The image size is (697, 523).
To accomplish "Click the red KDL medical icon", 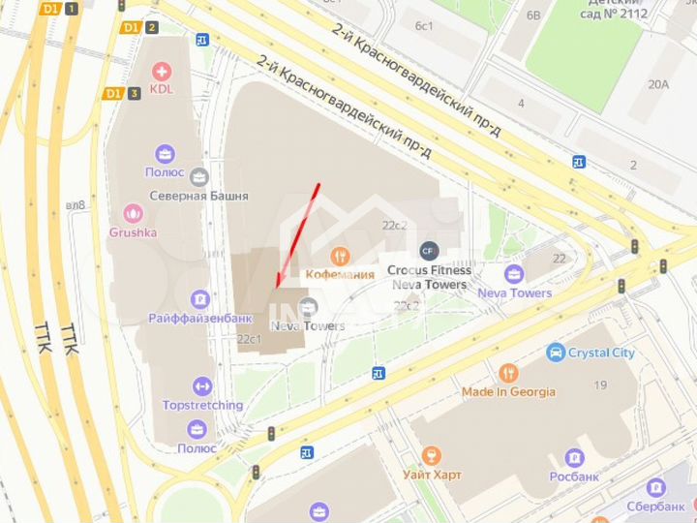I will click(x=162, y=71).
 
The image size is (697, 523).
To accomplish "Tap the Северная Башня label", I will click(x=198, y=196).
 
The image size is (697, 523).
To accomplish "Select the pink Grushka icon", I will click(x=133, y=213).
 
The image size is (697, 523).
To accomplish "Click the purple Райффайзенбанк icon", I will click(x=200, y=298).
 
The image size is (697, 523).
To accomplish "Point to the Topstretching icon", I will click(x=202, y=386).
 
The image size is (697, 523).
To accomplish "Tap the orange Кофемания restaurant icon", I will click(x=339, y=256).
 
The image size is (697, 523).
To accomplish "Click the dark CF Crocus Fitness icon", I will click(x=429, y=251).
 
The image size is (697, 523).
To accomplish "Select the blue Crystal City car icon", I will click(x=555, y=353).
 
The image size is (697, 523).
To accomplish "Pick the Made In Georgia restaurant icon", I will click(x=509, y=373).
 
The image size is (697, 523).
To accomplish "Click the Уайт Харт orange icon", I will click(x=432, y=455).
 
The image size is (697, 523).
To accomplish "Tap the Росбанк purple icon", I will click(x=575, y=457).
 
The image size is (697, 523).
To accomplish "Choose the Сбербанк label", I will click(x=655, y=506).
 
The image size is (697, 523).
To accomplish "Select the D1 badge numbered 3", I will click(x=123, y=93).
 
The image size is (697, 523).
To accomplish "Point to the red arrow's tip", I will click(x=277, y=286).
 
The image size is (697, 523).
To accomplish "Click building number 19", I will click(x=600, y=385).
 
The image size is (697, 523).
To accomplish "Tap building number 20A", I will click(x=658, y=84).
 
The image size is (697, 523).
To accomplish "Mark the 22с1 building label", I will click(x=250, y=339).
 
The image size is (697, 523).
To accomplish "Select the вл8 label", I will click(x=76, y=204).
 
